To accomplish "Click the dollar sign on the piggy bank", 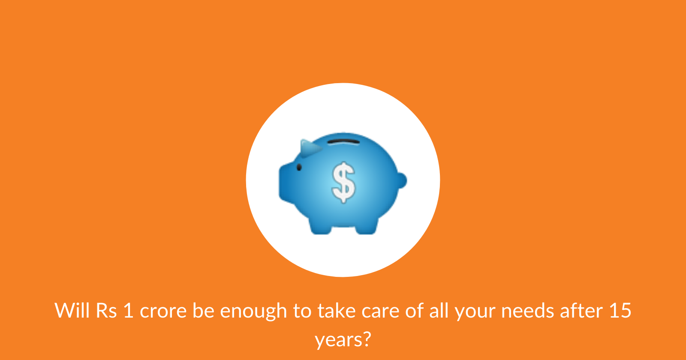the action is (x=343, y=183).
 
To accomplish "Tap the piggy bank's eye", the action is (x=299, y=167).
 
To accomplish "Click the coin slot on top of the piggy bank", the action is (x=343, y=142).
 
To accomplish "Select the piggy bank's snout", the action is (x=285, y=183).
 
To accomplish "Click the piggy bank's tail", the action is (x=402, y=180).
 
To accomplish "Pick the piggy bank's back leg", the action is (x=366, y=227).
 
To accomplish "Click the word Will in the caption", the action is (x=72, y=310).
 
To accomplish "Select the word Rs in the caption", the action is (x=106, y=311).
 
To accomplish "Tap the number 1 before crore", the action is (x=129, y=311).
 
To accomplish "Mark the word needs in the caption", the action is (x=527, y=310).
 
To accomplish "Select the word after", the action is (x=581, y=310).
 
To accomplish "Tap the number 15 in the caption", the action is (x=620, y=311).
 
